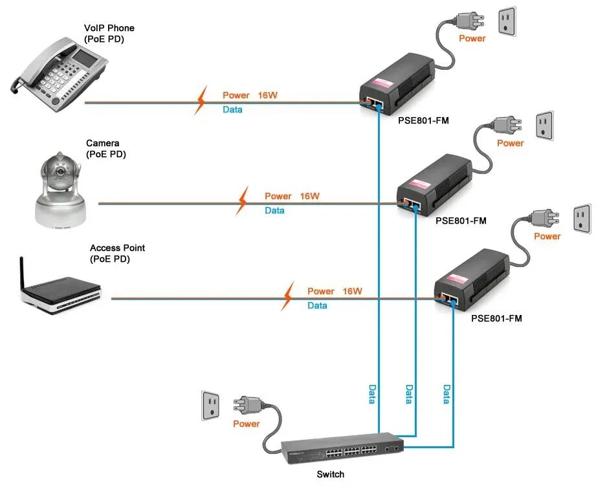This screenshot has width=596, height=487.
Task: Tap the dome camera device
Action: click(60, 191)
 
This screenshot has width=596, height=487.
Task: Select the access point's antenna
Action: click(22, 272)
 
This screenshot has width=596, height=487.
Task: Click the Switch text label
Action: click(330, 475)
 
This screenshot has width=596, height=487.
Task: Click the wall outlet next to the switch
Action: click(211, 406)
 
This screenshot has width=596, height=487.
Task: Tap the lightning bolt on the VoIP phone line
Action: click(201, 101)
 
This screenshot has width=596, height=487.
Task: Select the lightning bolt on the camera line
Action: click(243, 201)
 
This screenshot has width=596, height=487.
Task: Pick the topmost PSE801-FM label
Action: click(423, 120)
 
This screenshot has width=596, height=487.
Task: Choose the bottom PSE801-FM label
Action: click(496, 318)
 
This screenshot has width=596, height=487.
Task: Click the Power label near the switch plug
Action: click(246, 424)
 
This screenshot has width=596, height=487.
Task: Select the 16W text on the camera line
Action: click(309, 196)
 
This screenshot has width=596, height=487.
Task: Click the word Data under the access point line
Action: click(317, 305)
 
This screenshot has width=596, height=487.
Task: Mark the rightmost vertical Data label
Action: click(447, 394)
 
